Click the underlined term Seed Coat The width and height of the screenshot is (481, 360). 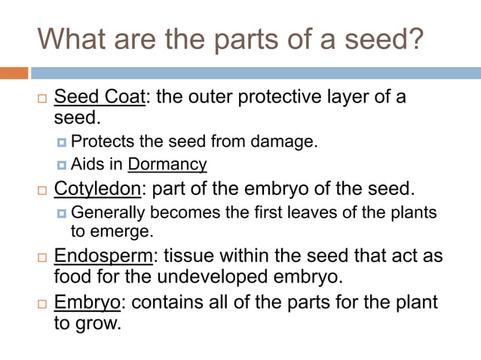[100, 98]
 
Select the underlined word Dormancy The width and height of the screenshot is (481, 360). [167, 163]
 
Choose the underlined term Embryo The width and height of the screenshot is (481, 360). [87, 302]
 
